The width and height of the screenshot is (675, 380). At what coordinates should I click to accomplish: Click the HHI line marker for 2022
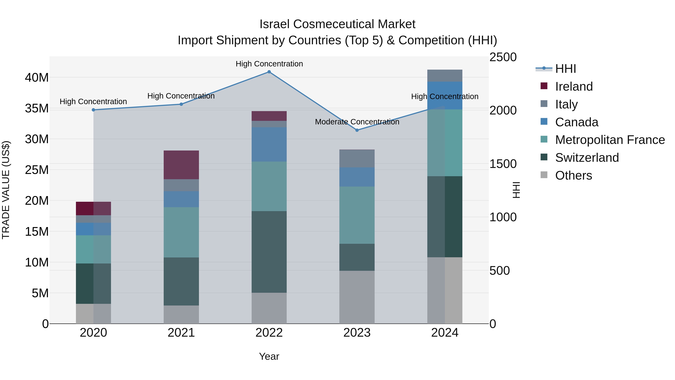(269, 72)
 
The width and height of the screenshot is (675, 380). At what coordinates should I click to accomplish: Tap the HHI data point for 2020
(93, 110)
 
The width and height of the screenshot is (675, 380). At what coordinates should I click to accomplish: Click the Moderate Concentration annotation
(357, 122)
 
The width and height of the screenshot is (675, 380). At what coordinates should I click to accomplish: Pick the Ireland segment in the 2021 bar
(181, 165)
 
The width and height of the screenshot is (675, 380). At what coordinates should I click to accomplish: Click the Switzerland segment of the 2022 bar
(269, 252)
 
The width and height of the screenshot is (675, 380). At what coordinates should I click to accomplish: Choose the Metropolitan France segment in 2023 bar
(357, 215)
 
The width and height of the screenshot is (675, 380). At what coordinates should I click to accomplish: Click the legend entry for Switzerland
(587, 158)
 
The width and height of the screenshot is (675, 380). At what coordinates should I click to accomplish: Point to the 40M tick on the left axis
(37, 78)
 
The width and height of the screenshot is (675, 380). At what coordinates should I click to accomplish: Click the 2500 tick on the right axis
(503, 57)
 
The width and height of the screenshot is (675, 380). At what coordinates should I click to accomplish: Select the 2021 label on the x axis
(181, 333)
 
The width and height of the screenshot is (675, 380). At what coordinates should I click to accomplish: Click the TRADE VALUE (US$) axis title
(6, 190)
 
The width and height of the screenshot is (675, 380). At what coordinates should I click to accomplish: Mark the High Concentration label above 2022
(269, 64)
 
